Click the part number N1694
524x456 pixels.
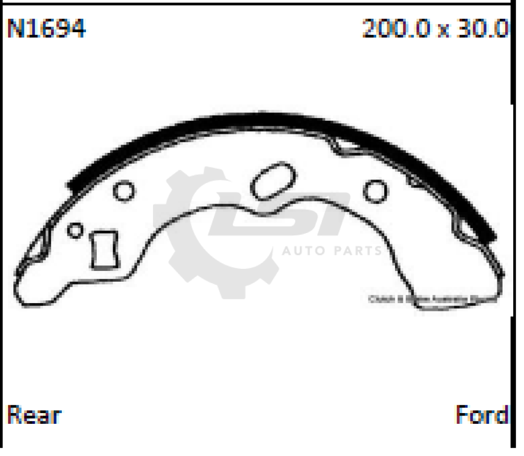pos(46,29)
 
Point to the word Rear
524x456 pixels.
pos(34,415)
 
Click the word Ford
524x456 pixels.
pos(482,415)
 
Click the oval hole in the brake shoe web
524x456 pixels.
pos(274,181)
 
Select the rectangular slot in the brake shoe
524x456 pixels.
pos(104,249)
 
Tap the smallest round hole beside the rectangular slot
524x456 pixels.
pos(75,230)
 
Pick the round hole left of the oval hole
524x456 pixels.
pos(124,191)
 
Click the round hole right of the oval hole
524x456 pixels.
pos(375,191)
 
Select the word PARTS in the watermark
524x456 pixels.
pos(358,251)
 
